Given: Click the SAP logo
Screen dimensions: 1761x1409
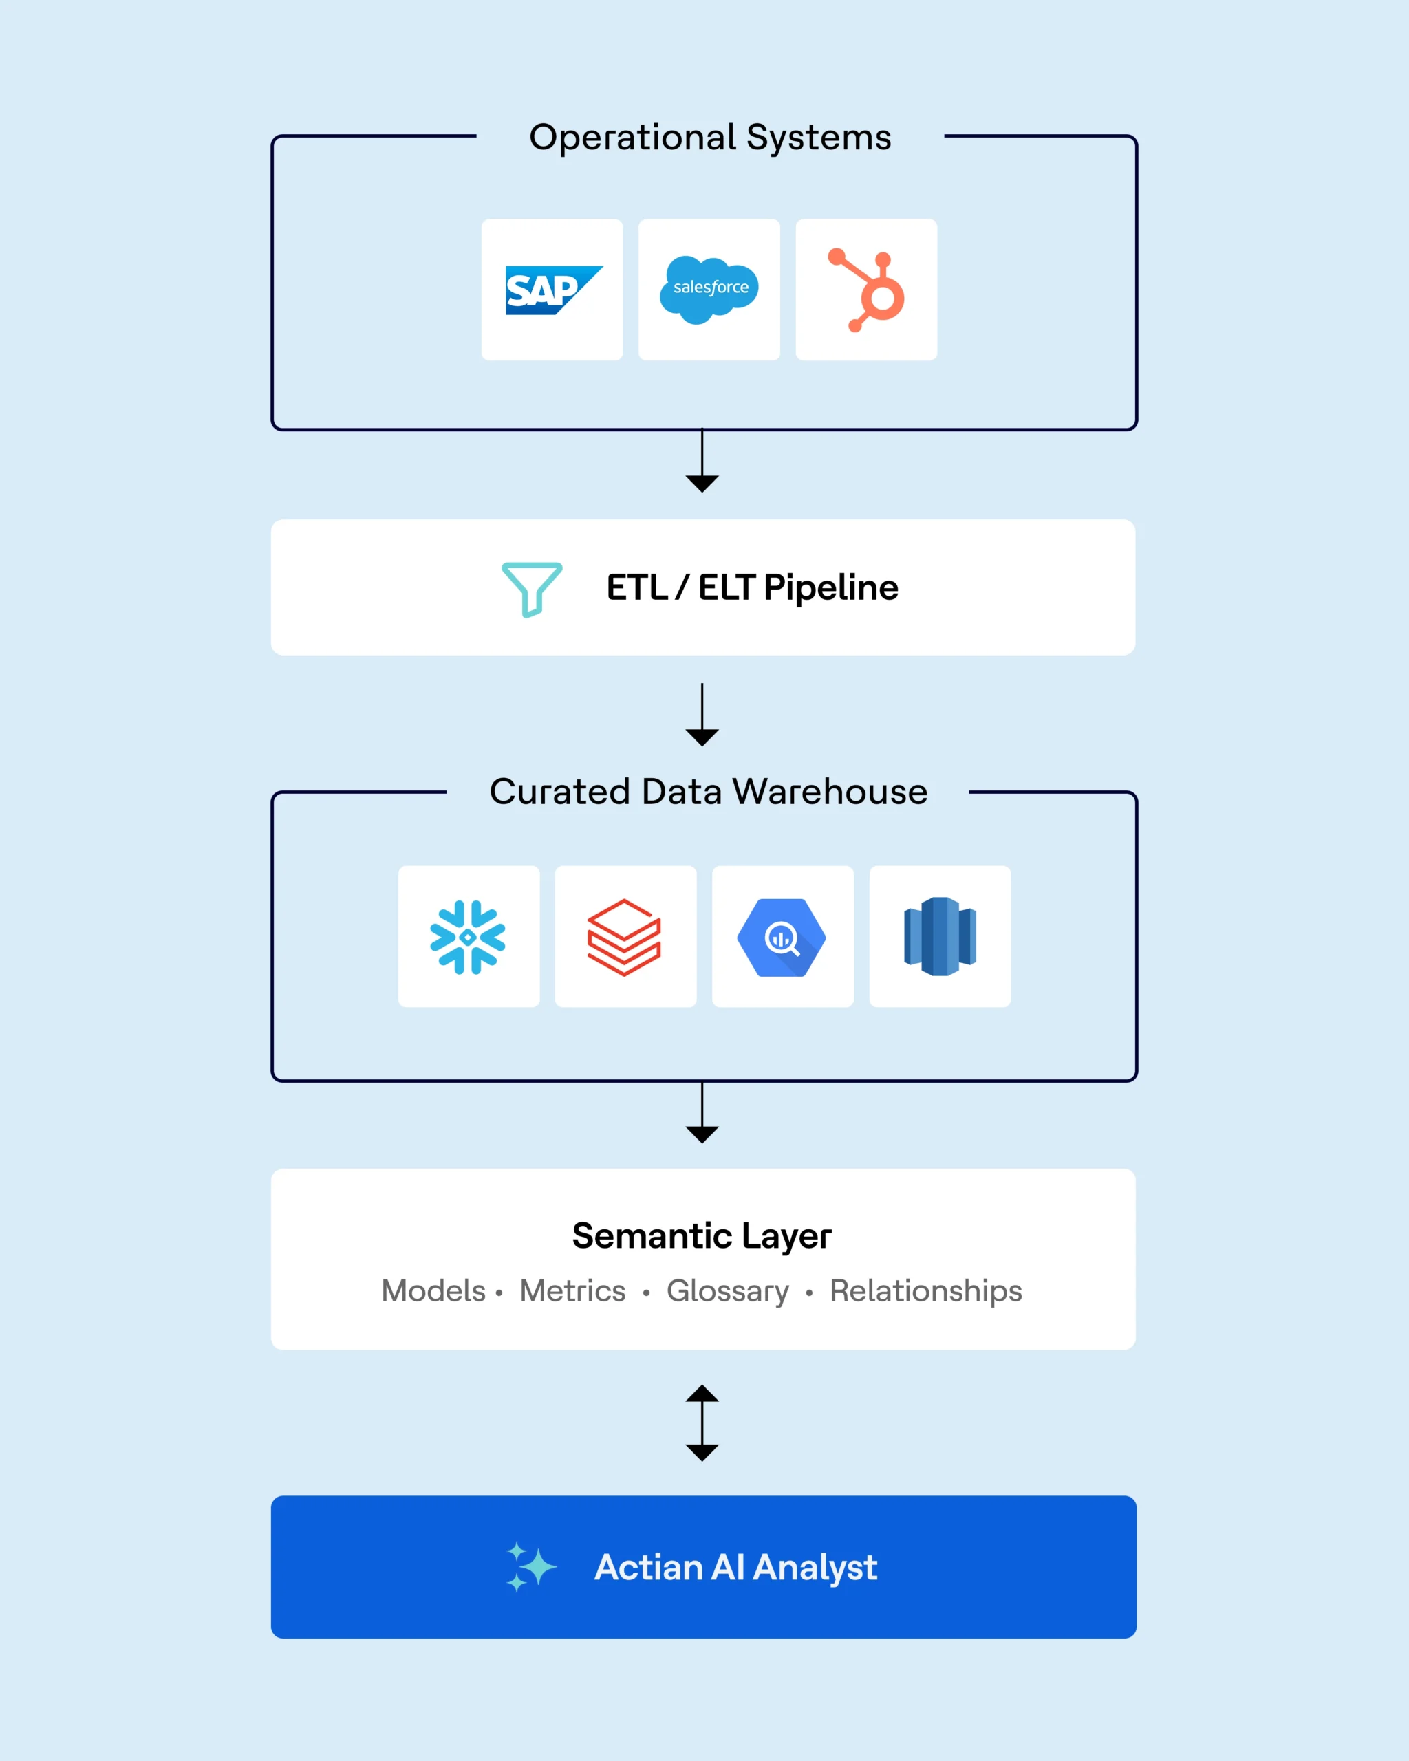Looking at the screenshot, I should click(x=552, y=290).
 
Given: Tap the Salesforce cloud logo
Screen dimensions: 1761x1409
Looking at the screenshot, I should click(x=709, y=289).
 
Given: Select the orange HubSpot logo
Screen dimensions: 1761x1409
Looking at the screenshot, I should click(x=868, y=290).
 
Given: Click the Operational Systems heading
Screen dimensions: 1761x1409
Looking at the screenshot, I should click(x=710, y=137).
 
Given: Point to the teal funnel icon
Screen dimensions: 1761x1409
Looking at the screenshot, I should click(x=532, y=588).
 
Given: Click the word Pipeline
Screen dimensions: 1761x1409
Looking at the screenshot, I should click(x=830, y=588).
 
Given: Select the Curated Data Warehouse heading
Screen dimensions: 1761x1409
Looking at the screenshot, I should click(x=708, y=792).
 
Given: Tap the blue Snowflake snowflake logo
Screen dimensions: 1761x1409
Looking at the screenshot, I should click(x=468, y=937).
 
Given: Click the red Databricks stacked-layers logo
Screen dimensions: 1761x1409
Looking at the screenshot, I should click(x=625, y=937).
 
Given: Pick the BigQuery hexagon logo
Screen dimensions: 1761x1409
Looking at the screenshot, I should click(x=782, y=937).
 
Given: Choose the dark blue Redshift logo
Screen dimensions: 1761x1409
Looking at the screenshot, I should click(x=940, y=936).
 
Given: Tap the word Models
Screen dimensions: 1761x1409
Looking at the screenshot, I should click(x=433, y=1291).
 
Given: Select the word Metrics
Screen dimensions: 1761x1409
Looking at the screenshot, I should click(x=572, y=1291).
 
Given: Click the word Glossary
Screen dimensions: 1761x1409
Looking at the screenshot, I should click(x=728, y=1291).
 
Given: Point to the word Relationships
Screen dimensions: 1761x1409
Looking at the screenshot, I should click(x=925, y=1291).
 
